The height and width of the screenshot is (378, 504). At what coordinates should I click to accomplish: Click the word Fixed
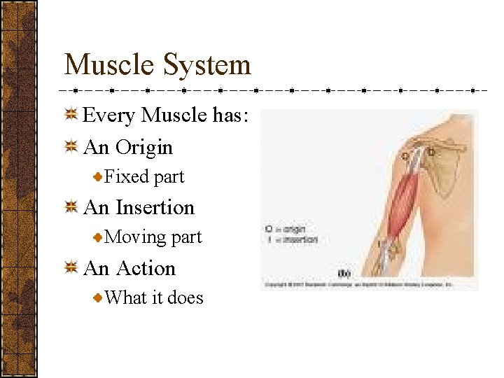pyautogui.click(x=127, y=177)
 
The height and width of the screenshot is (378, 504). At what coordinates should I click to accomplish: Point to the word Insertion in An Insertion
pyautogui.click(x=155, y=208)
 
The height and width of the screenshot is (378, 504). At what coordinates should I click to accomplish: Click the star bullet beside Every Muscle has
pyautogui.click(x=71, y=115)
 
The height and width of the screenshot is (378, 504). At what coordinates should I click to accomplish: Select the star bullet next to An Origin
pyautogui.click(x=71, y=147)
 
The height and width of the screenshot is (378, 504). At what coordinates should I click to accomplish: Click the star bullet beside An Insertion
pyautogui.click(x=71, y=208)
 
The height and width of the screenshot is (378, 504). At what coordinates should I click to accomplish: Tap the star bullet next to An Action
pyautogui.click(x=71, y=268)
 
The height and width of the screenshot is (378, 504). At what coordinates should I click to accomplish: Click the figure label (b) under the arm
pyautogui.click(x=344, y=272)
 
